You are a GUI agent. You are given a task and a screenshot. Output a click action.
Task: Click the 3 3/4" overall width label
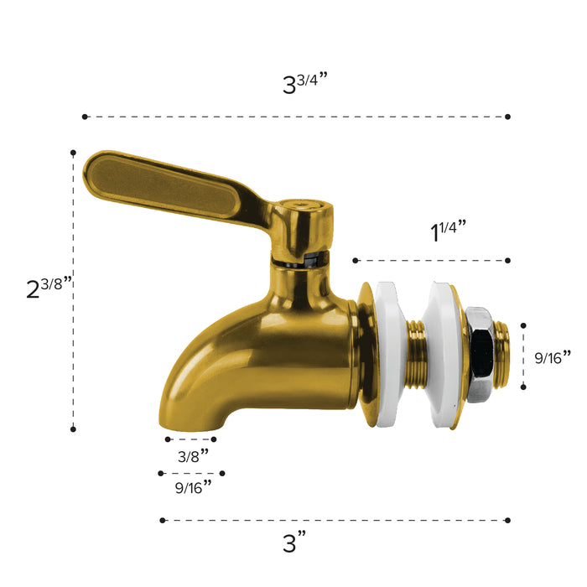(304, 83)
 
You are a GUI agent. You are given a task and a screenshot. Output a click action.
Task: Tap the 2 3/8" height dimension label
(49, 288)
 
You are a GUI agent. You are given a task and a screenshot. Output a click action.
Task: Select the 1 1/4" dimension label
(448, 231)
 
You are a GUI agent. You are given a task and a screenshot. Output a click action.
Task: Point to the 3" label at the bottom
(294, 542)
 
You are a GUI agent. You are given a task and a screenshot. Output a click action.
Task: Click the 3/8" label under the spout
(193, 455)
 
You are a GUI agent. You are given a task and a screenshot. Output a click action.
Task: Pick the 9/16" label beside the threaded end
(553, 357)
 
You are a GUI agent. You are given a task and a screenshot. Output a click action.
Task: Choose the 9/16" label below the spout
(193, 487)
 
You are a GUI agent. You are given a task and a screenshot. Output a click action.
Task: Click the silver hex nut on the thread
(481, 354)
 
